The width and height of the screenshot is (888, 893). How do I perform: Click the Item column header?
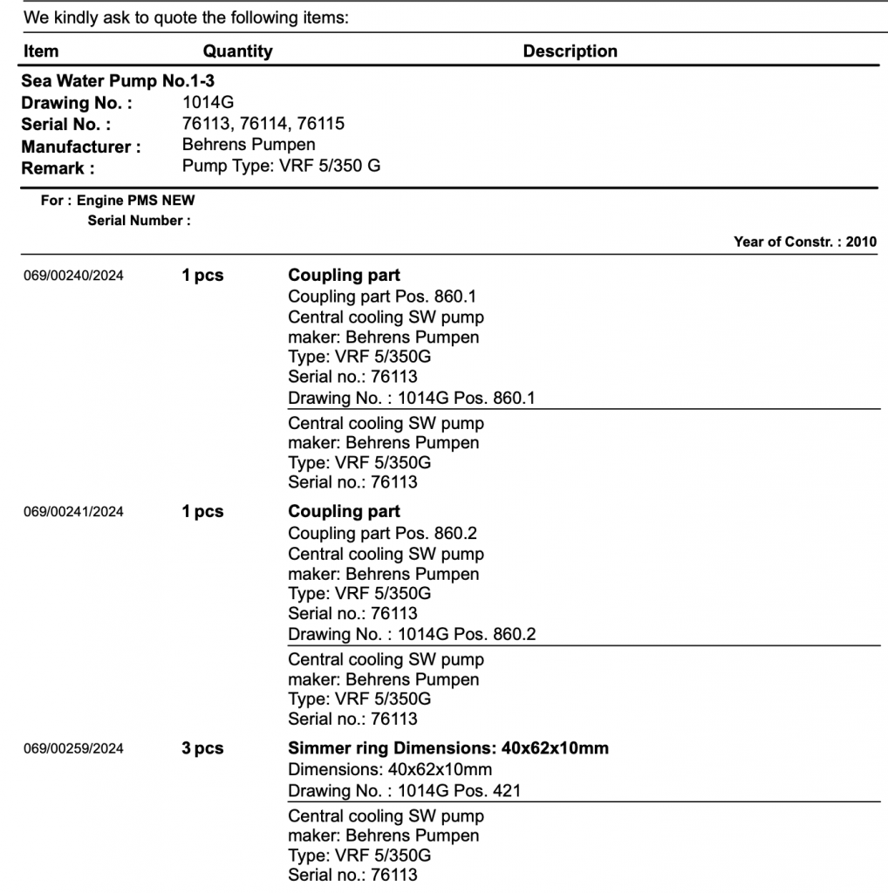pos(41,51)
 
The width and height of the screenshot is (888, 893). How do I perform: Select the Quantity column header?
pos(237,51)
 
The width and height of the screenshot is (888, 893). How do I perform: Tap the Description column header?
pos(570,51)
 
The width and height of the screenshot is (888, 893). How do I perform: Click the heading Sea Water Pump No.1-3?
pos(118,82)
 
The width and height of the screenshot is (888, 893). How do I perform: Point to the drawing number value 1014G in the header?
pos(202,103)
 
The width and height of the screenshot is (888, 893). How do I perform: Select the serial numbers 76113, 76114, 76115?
pos(263,123)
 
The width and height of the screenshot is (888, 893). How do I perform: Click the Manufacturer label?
pos(81,147)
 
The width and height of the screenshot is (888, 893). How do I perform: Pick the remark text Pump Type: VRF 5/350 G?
pos(281,166)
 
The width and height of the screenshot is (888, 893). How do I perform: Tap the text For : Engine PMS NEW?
pos(118,201)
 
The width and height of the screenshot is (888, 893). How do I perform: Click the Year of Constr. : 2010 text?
pos(805,242)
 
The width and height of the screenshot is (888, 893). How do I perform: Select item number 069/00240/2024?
pos(73,276)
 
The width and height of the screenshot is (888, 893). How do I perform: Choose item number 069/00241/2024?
pos(73,513)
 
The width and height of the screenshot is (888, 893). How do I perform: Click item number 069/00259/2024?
pos(73,749)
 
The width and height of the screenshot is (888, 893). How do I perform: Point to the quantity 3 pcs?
pos(202,748)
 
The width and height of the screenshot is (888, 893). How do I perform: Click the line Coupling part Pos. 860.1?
pos(382,297)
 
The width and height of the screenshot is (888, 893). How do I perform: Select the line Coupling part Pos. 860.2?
pos(382,533)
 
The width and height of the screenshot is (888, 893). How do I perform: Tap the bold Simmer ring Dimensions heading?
pos(448,748)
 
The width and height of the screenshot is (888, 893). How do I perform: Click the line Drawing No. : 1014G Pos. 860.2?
pos(412,634)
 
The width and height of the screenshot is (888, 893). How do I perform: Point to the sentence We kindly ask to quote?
pos(186,17)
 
